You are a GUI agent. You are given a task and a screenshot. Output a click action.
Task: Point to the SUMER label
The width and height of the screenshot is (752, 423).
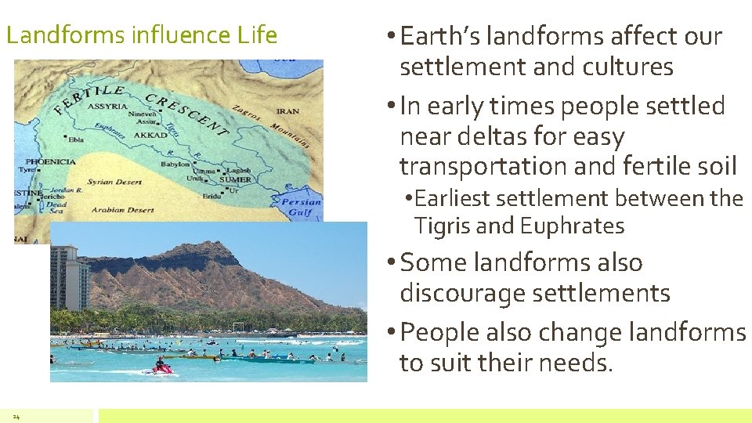click(x=235, y=179)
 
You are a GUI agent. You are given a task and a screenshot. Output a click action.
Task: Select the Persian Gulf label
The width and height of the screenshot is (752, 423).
click(x=302, y=207)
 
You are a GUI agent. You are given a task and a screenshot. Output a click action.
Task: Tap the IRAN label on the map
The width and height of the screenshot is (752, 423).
click(x=287, y=112)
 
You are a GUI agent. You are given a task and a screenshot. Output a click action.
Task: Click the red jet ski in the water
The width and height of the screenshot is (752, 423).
click(x=162, y=365)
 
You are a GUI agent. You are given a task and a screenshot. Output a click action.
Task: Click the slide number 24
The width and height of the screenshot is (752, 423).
click(x=16, y=416)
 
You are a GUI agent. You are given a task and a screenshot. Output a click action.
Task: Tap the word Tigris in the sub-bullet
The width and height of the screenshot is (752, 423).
click(x=443, y=226)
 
